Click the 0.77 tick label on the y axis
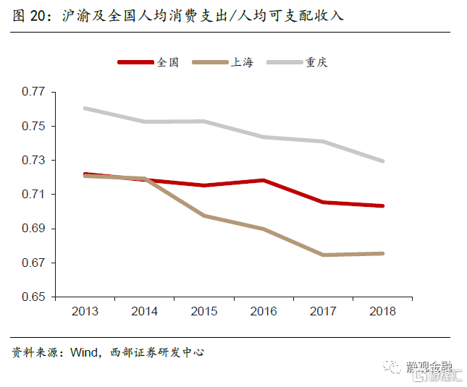point(33,92)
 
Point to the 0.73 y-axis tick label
point(33,160)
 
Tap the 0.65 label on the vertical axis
point(33,297)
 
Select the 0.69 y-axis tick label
point(33,229)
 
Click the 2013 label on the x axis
point(85,312)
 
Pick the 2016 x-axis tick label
point(264,312)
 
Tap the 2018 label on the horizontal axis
point(382,312)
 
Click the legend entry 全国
point(167,62)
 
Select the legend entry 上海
point(242,62)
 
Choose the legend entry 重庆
point(316,62)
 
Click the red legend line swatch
point(135,63)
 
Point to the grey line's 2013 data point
point(85,109)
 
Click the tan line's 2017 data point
point(323,255)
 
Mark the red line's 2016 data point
point(264,180)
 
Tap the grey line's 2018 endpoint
point(382,161)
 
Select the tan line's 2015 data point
point(204,216)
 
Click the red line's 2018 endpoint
point(382,206)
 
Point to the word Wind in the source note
point(83,352)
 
